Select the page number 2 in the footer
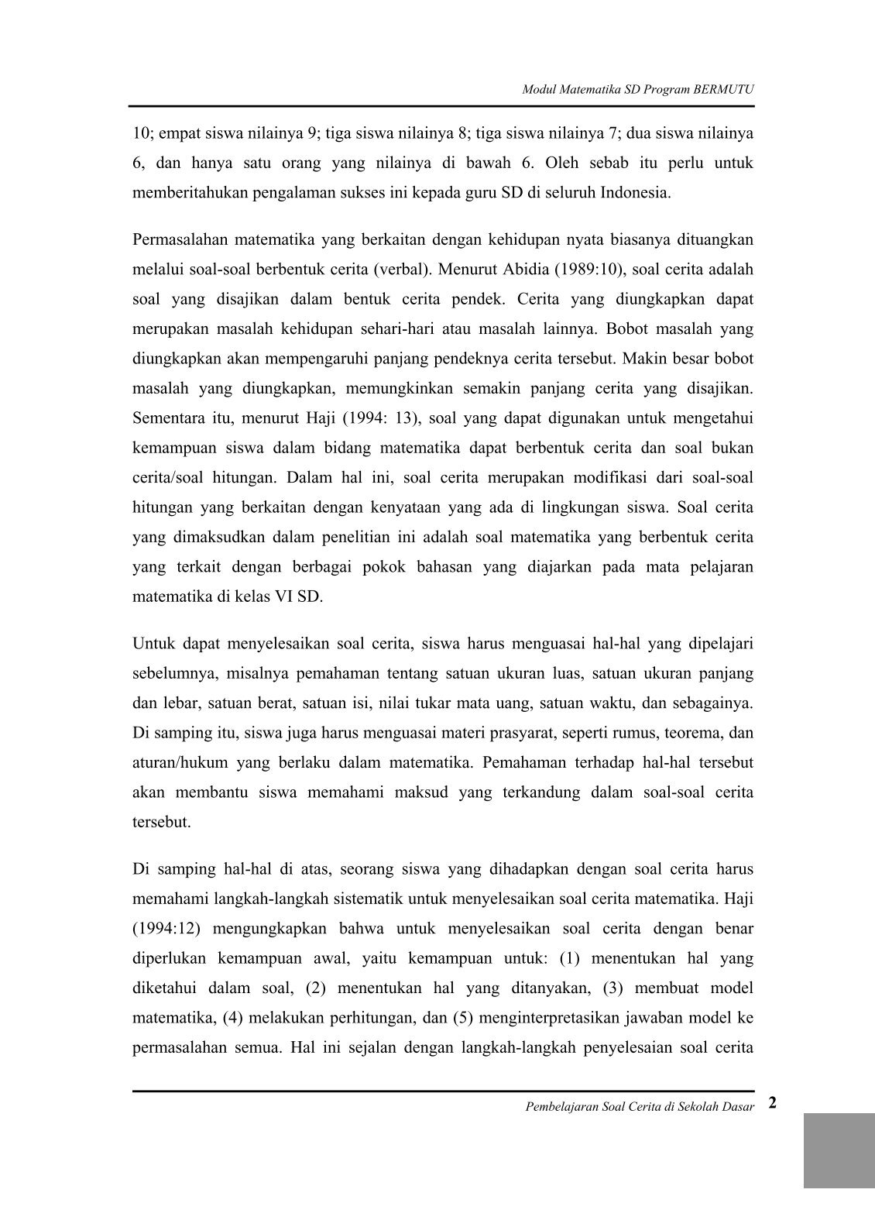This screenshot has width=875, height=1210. (773, 1103)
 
